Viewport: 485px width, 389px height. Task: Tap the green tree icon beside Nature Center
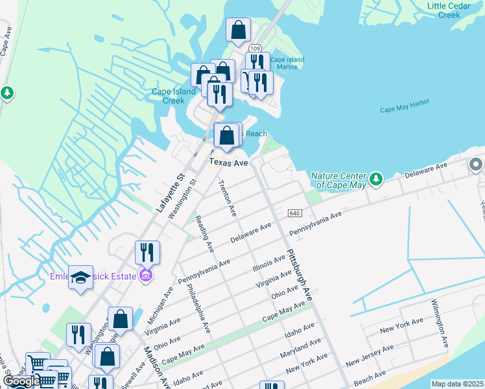[375, 178]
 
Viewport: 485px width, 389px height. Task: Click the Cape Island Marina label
[287, 63]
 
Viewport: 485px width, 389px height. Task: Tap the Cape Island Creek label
[173, 95]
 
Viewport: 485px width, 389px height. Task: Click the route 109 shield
[255, 48]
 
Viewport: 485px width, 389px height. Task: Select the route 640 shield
[295, 213]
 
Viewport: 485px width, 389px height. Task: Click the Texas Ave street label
[228, 163]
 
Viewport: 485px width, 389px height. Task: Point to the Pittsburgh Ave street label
[300, 274]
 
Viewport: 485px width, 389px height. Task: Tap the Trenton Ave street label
[229, 198]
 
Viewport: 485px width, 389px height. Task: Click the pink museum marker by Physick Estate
[146, 276]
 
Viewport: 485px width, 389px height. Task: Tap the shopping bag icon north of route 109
[238, 29]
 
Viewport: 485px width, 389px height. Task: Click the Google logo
[21, 382]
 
